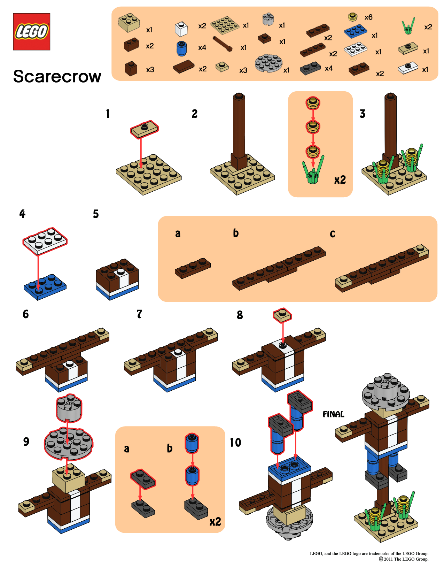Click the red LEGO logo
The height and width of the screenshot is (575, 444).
31,32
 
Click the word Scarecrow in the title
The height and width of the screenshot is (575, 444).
57,76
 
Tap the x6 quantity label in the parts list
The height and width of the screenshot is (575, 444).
368,17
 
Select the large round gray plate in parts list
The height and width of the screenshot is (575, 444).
268,63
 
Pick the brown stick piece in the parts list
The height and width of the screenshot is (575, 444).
223,44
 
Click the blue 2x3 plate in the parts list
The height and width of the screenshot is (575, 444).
355,31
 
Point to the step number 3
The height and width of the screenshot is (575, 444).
362,114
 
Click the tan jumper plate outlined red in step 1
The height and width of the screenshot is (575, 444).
144,129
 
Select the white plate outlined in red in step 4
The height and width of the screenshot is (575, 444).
45,241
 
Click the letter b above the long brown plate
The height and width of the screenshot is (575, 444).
236,233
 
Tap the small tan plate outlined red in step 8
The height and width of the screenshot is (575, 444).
282,315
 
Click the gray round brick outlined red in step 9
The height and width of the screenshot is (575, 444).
69,408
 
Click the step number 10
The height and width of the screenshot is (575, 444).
235,442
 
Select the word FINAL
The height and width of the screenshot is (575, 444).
333,414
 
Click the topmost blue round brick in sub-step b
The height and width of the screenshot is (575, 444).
192,443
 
